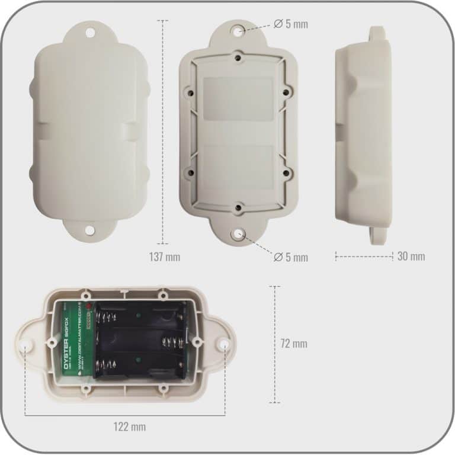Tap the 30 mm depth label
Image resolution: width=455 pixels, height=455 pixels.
[x=411, y=257]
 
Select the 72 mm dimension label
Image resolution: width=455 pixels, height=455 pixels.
[x=294, y=344]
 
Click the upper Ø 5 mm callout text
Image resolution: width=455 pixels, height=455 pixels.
[x=290, y=24]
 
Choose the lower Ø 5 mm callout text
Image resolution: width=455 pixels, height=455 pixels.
[x=290, y=257]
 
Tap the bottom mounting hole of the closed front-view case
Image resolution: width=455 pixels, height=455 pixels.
[x=90, y=230]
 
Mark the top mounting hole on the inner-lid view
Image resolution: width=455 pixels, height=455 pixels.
[x=238, y=29]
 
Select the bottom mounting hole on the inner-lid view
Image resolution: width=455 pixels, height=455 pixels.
[x=238, y=235]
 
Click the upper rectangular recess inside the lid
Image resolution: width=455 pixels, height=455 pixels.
[x=238, y=98]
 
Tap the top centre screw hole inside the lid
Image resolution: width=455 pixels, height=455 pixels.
[x=238, y=59]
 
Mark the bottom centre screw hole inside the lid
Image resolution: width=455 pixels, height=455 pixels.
[x=238, y=208]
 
